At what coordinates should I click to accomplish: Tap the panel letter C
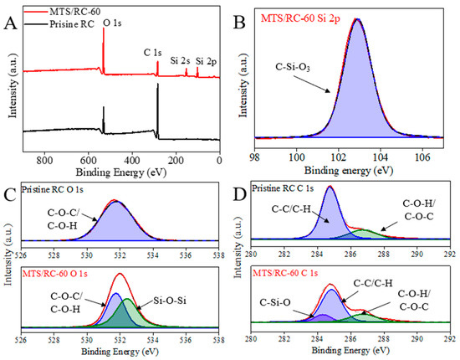coord(9,195)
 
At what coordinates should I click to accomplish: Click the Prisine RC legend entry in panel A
coord(67,19)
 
